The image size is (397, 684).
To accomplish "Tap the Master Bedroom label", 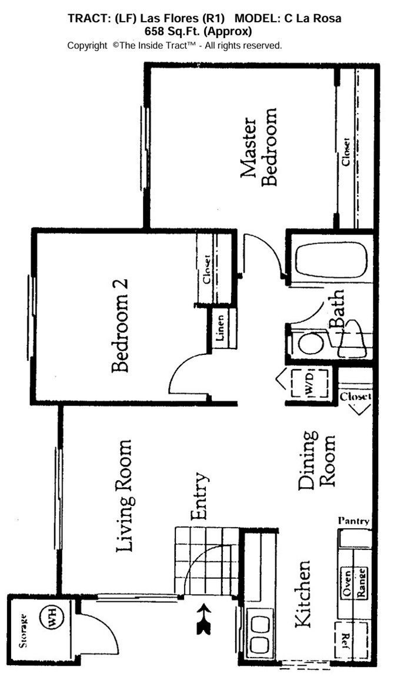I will point(259,153).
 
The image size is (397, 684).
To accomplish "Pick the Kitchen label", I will point(302,594).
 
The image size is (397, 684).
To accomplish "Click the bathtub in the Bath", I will point(332,259).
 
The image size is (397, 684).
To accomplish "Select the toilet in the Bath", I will point(353,338).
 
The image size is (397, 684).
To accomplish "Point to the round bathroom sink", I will point(309,344).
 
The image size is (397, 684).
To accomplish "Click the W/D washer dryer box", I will point(308,383).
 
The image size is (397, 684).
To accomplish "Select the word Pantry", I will point(353,521).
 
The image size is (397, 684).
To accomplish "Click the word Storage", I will point(23,630).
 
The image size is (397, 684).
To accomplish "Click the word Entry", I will point(199,497).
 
